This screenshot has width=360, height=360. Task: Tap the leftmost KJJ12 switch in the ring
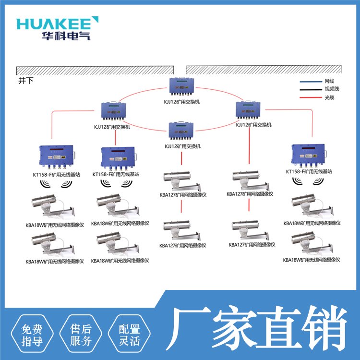[116, 113]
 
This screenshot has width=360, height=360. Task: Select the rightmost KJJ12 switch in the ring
[251, 111]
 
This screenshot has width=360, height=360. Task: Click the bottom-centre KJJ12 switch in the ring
[182, 132]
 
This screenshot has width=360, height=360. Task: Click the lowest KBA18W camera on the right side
[312, 243]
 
